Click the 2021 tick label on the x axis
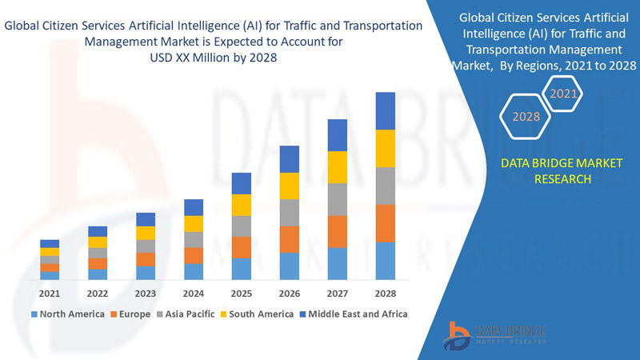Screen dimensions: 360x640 [x=50, y=293]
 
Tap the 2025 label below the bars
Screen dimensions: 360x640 [x=242, y=293]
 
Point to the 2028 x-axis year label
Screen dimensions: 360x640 [x=386, y=293]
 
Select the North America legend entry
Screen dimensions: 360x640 [x=67, y=314]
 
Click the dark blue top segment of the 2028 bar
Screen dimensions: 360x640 [x=386, y=110]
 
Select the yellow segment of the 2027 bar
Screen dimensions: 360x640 [x=338, y=166]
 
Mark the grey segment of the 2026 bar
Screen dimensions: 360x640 [x=290, y=213]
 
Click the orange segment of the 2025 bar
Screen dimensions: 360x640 [x=242, y=247]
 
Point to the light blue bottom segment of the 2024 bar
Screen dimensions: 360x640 [x=194, y=271]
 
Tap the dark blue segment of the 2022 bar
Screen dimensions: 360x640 [x=98, y=231]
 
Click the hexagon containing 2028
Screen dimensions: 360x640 [x=526, y=117]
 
